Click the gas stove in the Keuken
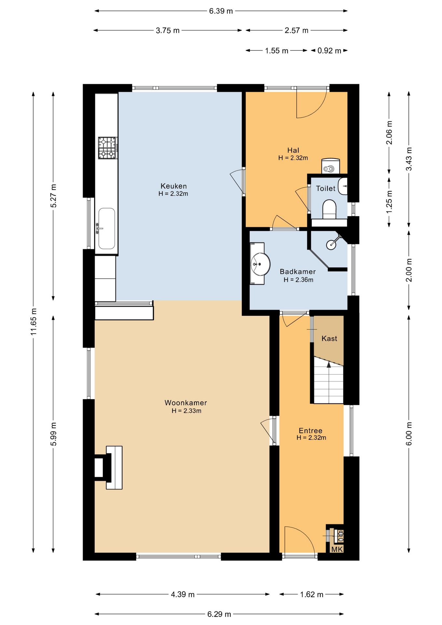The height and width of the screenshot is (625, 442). point(108,148)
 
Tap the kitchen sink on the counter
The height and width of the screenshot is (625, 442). point(106,229)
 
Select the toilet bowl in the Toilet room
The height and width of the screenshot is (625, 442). point(329,209)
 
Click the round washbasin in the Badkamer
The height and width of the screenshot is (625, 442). point(261,264)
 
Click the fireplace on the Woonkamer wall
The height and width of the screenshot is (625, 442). point(108,467)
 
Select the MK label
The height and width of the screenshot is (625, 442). point(337,549)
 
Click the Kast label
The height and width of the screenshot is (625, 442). point(329,339)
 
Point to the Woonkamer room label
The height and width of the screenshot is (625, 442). point(186,403)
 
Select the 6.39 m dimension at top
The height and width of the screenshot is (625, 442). point(221,11)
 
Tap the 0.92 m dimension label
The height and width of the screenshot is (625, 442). point(329,51)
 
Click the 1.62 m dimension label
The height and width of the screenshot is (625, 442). point(311,594)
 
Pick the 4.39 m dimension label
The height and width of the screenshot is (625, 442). point(183,594)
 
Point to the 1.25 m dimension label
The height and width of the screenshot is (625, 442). point(389,202)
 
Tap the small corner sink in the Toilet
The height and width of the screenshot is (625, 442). point(343,186)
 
